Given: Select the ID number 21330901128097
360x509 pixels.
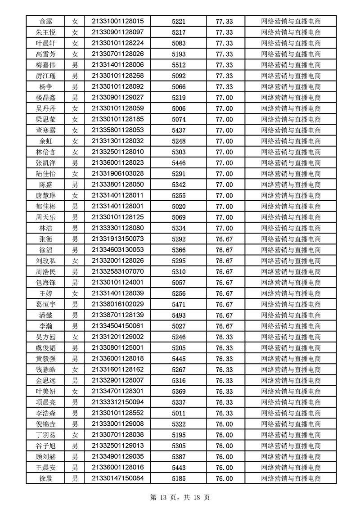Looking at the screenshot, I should coord(117,32).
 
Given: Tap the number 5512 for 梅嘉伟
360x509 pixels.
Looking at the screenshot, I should coord(179,65).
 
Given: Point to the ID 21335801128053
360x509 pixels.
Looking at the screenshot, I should coord(117,130).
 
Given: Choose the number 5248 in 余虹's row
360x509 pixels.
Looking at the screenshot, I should coord(179,141).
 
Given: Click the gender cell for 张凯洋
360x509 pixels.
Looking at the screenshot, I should coord(75,163).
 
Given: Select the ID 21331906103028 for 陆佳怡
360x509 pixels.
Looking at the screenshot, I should coord(117,174).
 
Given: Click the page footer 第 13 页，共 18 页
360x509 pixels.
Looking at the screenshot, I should coord(180,498).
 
